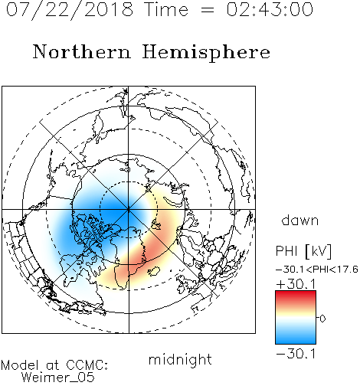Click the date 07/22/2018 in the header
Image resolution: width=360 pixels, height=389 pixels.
click(70, 10)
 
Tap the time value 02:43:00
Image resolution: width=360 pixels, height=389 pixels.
click(270, 9)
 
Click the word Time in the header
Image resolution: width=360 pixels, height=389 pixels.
click(166, 9)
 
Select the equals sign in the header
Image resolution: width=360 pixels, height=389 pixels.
click(207, 10)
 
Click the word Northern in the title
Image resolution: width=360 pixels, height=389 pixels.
click(81, 51)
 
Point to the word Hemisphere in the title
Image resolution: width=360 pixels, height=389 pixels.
click(206, 53)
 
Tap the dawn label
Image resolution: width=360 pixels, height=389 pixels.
click(300, 220)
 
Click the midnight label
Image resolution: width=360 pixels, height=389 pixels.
click(180, 360)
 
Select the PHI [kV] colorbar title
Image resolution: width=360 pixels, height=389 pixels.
click(303, 251)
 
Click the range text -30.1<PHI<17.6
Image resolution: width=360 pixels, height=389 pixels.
click(316, 270)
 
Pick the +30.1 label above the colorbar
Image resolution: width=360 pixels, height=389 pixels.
click(296, 284)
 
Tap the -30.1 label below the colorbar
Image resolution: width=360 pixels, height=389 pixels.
click(296, 354)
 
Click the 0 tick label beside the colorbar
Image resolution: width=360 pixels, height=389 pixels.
click(322, 319)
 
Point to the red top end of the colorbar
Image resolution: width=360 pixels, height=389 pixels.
click(296, 293)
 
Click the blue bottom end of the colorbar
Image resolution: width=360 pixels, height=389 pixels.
click(296, 342)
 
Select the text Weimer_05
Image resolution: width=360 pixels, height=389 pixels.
click(58, 378)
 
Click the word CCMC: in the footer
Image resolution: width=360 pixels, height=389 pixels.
click(87, 365)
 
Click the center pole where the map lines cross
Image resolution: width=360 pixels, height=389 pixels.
click(129, 210)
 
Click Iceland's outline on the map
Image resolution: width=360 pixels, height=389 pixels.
click(154, 271)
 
